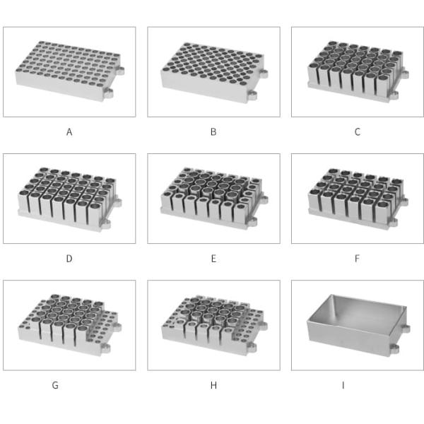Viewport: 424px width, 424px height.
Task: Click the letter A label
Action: click(x=69, y=132)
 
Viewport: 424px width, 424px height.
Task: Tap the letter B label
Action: click(x=213, y=132)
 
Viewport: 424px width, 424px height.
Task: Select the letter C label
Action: click(x=357, y=132)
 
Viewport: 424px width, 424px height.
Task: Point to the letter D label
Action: click(x=69, y=259)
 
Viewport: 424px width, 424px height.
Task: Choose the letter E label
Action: click(x=213, y=259)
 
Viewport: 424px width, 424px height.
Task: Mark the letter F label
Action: click(x=357, y=259)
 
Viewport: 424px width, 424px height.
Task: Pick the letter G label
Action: click(x=55, y=385)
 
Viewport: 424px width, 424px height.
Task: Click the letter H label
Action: click(x=213, y=385)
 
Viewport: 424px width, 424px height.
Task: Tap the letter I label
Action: click(x=343, y=385)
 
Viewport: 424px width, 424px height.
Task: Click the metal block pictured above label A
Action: click(x=69, y=71)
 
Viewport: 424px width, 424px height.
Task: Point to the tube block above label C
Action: click(x=358, y=71)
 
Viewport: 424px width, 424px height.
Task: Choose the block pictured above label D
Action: click(x=69, y=199)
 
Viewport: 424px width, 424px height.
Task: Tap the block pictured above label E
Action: click(x=214, y=199)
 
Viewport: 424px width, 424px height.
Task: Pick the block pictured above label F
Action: click(x=358, y=199)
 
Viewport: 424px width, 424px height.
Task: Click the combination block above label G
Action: click(x=69, y=325)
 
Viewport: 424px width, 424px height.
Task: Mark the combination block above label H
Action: click(x=214, y=325)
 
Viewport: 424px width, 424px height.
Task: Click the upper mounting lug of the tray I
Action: click(x=405, y=329)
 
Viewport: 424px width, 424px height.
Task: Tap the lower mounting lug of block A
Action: click(x=107, y=93)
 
